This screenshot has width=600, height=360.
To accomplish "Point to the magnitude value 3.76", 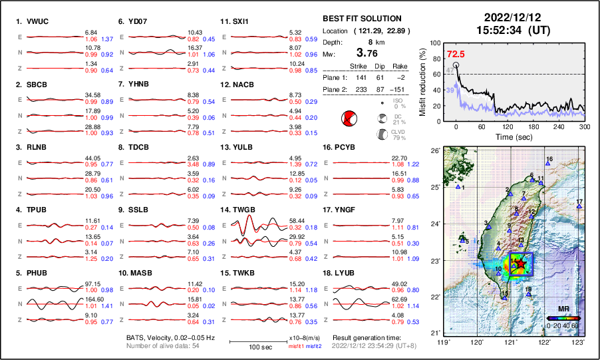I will (371, 53).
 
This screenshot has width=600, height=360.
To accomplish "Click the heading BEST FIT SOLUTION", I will (361, 19).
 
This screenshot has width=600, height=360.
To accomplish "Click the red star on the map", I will (522, 264).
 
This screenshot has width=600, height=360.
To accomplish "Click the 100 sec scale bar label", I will (251, 348).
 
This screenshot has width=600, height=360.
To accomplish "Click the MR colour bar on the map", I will (563, 317).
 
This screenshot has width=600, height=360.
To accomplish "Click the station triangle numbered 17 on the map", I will (579, 206).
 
